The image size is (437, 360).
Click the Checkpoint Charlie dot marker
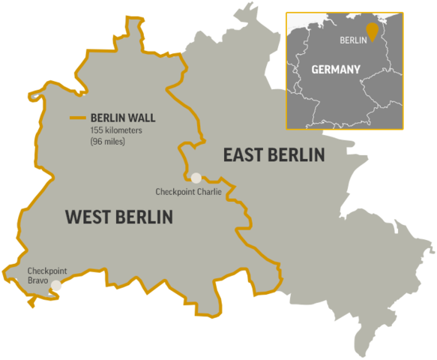tap(196, 178)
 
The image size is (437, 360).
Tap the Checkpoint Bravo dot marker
tap(56, 285)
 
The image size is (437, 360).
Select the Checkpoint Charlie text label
tap(187, 192)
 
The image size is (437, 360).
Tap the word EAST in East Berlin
tap(244, 155)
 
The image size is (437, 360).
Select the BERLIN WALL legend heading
tap(123, 118)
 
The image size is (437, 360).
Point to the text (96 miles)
tap(108, 140)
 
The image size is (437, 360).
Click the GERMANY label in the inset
tap(335, 69)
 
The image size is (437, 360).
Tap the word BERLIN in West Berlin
tap(145, 217)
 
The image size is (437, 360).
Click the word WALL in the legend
tap(142, 118)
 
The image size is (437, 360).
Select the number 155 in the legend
tap(98, 130)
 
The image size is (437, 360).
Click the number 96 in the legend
tap(97, 140)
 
